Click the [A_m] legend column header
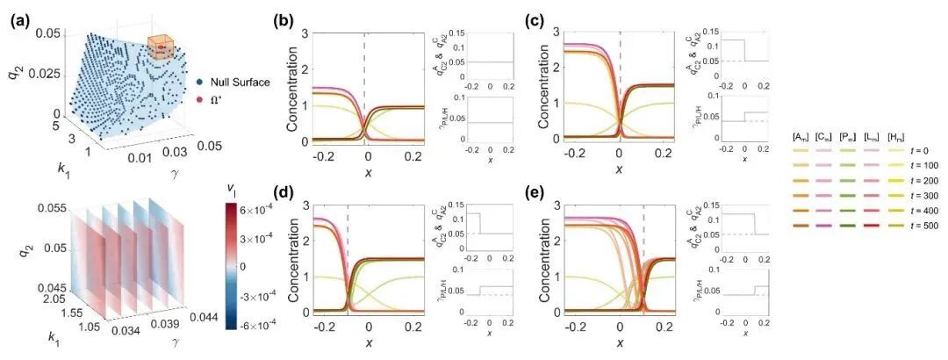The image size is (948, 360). tap(801, 135)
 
